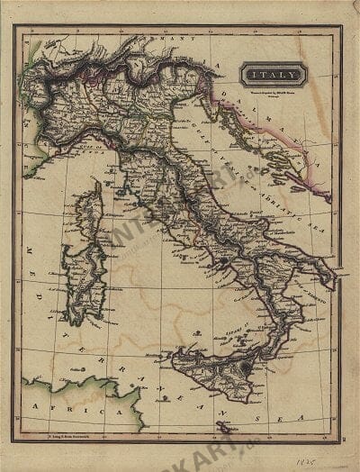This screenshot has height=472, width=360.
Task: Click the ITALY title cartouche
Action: [x=273, y=75]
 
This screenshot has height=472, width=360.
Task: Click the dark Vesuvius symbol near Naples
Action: [x=220, y=260]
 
